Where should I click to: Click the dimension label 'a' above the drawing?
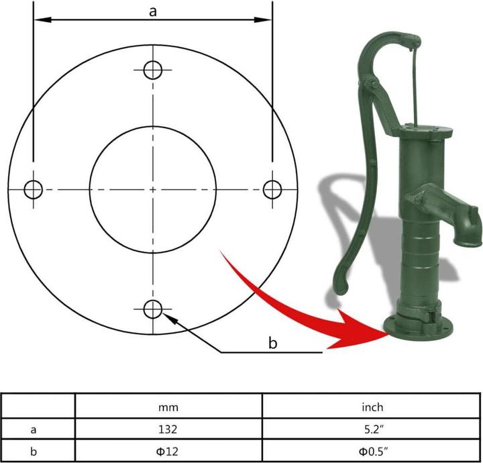pyautogui.click(x=153, y=11)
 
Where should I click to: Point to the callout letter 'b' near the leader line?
pyautogui.click(x=272, y=342)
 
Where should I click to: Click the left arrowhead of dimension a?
pyautogui.click(x=42, y=20)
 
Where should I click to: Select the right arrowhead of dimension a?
pyautogui.click(x=263, y=20)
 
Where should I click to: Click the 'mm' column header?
pyautogui.click(x=168, y=407)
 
